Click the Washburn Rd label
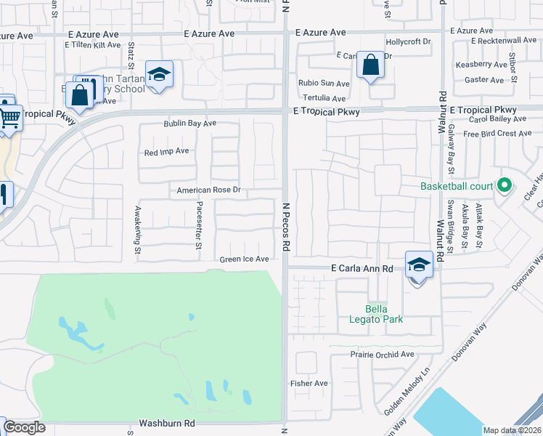(168, 422)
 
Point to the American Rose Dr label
(208, 190)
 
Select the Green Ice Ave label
(245, 259)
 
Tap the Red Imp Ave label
(167, 152)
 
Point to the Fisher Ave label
(309, 383)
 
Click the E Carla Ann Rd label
(362, 268)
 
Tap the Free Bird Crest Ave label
(497, 134)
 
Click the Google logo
(24, 427)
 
